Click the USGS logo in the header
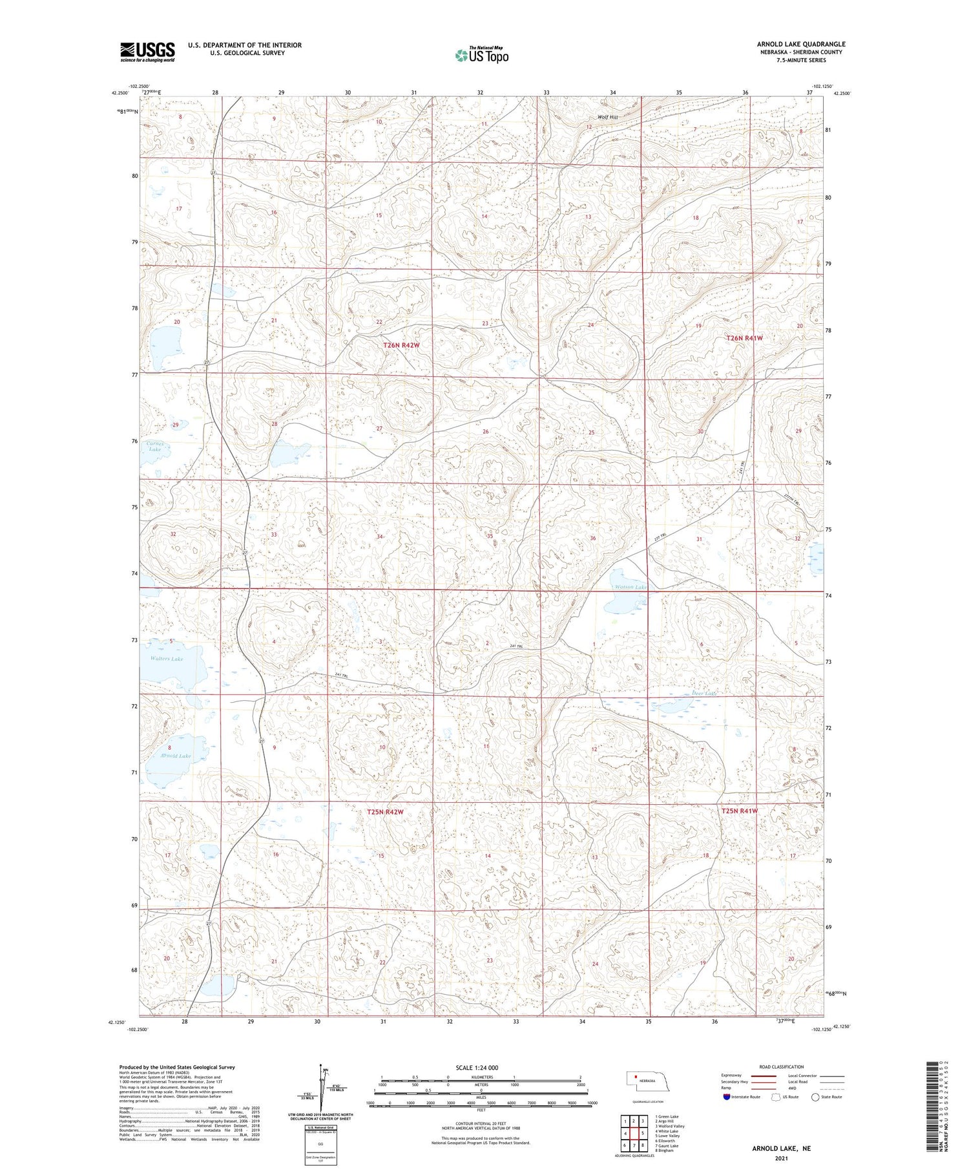[x=147, y=52]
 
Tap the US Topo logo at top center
[x=481, y=56]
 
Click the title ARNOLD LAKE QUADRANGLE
[x=801, y=44]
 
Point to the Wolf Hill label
[x=608, y=117]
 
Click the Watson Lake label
[x=630, y=587]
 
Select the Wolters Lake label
[x=167, y=659]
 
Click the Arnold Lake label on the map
[x=175, y=756]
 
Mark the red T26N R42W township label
[x=402, y=346]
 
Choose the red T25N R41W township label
[x=739, y=811]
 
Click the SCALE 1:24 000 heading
[x=477, y=1067]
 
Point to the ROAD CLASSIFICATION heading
[x=782, y=1067]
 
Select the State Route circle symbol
[x=815, y=1097]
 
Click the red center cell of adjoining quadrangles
[x=634, y=1133]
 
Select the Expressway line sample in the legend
[x=766, y=1076]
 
